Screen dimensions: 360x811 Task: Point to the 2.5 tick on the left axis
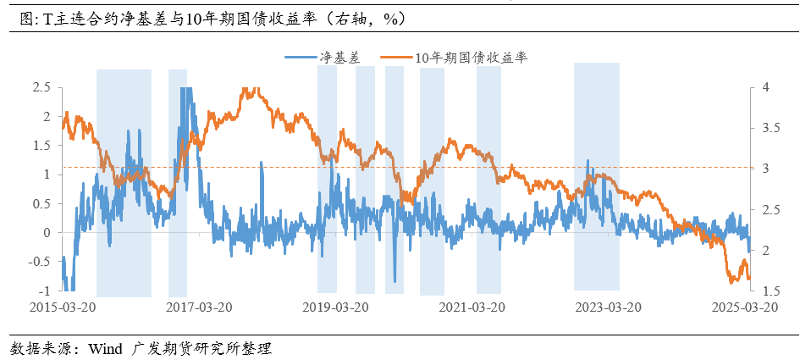coord(41,87)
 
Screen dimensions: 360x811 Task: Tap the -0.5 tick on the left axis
coord(40,262)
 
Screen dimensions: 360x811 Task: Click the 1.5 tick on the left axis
coord(41,146)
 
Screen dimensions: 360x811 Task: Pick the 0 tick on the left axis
coord(47,233)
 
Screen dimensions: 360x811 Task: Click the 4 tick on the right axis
coord(765,87)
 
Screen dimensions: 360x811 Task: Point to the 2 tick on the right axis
coord(765,251)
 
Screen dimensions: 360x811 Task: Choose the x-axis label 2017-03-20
coord(200,306)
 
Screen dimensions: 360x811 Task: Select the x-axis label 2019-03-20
coord(337,306)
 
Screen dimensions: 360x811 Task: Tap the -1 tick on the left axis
coord(45,291)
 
